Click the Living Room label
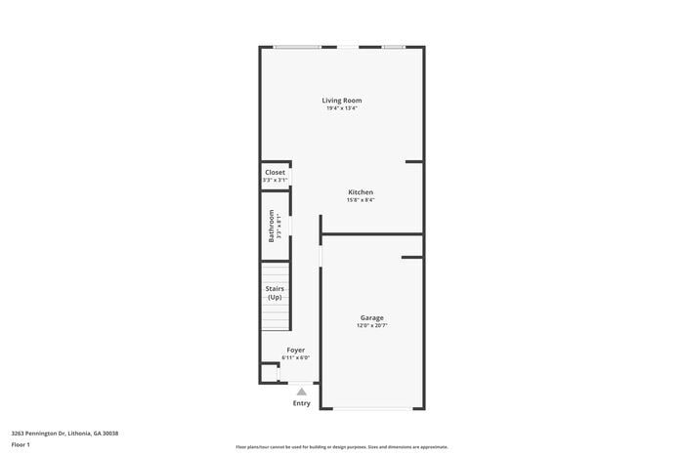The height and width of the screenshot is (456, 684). coord(350,100)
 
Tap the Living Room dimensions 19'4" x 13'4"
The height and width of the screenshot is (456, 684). coord(350,108)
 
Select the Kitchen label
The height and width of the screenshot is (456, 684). coord(361,192)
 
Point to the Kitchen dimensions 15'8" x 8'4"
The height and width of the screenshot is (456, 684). coord(361,200)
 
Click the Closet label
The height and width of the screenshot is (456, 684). coord(276,172)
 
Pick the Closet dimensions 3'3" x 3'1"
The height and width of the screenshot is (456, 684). coord(276,180)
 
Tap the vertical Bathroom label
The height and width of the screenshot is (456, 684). coord(273,227)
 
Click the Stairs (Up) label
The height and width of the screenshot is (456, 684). coord(275,293)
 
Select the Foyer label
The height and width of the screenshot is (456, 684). coord(295,350)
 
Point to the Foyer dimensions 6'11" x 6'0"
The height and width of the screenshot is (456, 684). coord(295,357)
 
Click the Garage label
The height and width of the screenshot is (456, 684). coord(371,317)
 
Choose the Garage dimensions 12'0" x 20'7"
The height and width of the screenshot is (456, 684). coord(371,325)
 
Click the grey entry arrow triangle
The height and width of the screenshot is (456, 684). coord(302,392)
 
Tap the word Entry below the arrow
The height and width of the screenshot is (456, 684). coord(302,403)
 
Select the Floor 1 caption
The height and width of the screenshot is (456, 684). coord(21,445)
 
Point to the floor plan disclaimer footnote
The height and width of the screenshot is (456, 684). coord(341,445)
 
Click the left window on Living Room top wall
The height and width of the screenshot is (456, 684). coord(297,47)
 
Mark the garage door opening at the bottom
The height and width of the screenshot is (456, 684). coord(371,409)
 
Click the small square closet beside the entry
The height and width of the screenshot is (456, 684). coord(269,373)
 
